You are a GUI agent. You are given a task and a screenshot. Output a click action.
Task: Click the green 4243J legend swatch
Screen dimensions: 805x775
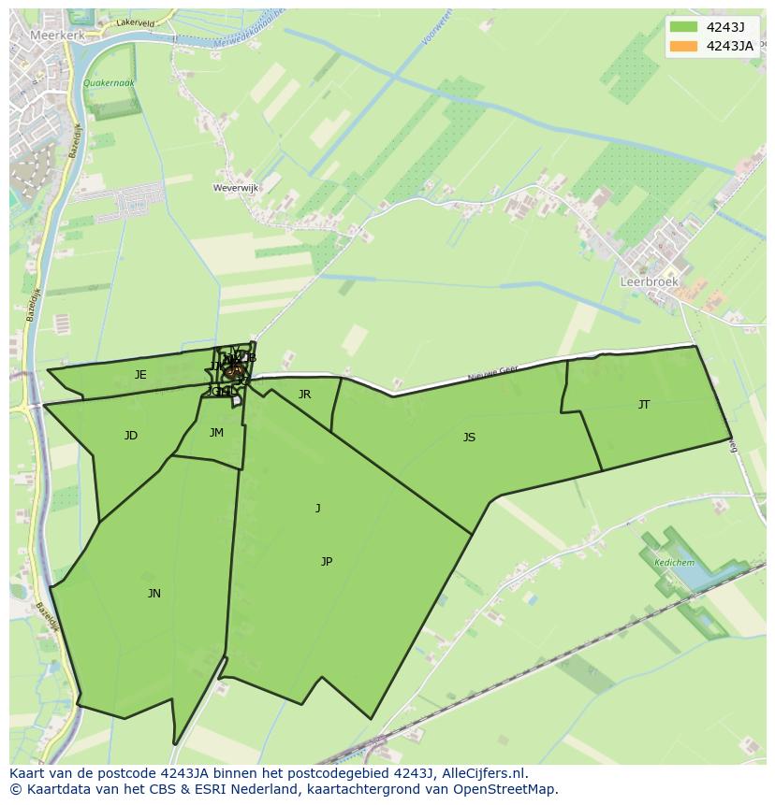684,27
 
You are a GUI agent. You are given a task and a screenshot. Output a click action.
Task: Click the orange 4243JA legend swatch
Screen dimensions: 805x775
684,46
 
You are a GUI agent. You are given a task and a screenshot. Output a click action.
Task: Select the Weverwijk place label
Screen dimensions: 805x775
236,188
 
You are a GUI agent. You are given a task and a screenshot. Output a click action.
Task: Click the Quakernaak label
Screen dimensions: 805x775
109,83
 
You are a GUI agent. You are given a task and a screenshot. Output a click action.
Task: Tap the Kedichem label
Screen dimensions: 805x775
674,563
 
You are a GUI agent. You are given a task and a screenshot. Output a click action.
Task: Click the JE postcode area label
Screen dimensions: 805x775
140,375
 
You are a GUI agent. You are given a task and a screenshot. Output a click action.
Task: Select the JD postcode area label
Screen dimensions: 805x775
131,436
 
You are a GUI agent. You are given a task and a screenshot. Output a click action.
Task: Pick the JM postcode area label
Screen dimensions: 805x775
216,433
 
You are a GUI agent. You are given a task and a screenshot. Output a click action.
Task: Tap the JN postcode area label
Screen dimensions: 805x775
154,594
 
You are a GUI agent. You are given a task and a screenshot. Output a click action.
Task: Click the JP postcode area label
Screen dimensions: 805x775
327,562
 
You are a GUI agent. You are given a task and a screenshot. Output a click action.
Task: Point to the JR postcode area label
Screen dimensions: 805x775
304,395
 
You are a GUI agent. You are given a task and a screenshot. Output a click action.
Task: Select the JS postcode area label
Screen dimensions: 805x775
469,438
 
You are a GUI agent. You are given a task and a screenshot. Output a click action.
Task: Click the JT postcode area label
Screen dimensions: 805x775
644,405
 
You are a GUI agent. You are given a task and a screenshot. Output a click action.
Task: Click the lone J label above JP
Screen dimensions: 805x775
318,509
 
